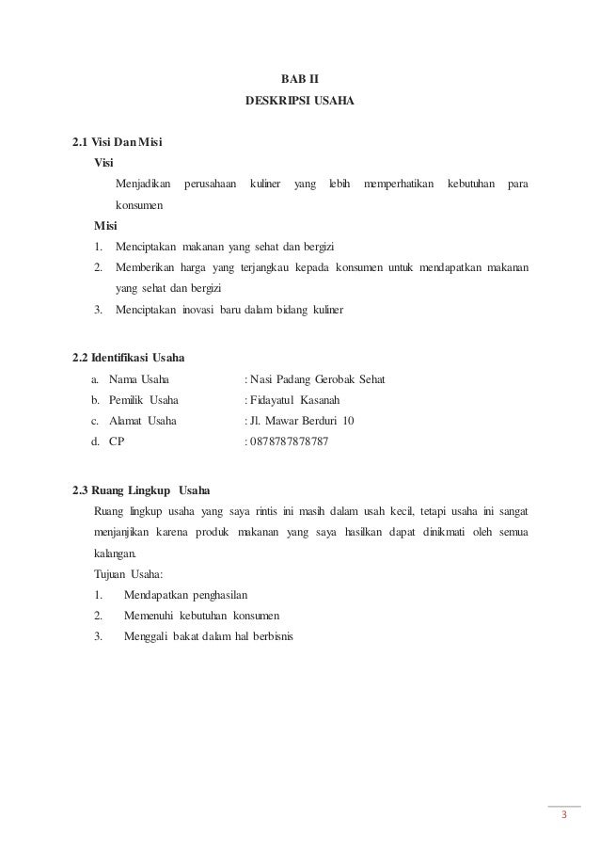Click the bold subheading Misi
(106, 226)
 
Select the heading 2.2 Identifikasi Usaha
(129, 358)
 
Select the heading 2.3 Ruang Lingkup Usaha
(141, 489)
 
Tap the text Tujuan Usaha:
(127, 572)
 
